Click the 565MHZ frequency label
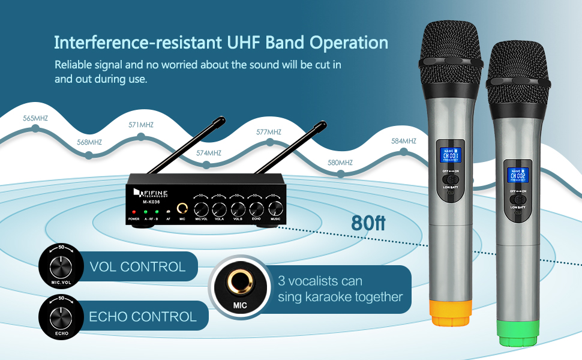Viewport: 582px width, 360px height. click(x=35, y=118)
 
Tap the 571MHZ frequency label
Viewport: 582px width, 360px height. click(x=141, y=125)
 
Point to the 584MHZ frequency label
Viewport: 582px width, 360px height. click(x=404, y=141)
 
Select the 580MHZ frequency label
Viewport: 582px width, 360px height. click(x=340, y=163)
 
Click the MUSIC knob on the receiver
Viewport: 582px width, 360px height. click(x=275, y=208)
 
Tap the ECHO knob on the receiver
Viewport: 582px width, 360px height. click(x=257, y=208)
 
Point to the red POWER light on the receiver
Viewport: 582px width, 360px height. click(x=134, y=212)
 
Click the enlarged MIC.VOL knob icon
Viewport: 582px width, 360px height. click(x=58, y=265)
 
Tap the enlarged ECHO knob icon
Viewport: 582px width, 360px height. click(x=58, y=315)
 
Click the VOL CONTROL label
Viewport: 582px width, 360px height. click(x=137, y=266)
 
